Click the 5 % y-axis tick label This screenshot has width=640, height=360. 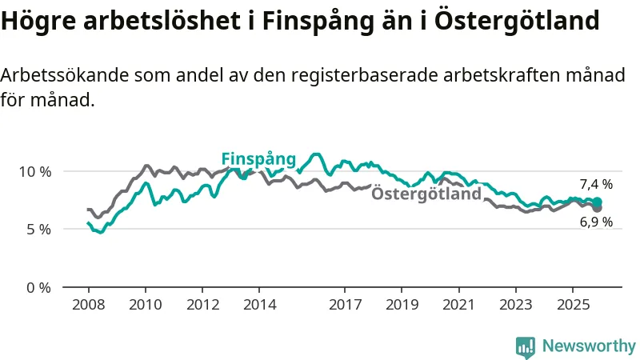click(38, 229)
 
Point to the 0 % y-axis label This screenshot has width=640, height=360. click(38, 287)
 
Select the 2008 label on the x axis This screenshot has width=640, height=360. click(88, 305)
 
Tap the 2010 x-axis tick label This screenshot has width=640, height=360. click(145, 305)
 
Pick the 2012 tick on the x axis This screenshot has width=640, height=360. click(202, 305)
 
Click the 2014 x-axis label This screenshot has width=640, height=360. click(259, 305)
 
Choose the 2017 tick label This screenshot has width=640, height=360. click(345, 305)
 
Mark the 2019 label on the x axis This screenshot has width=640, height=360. click(402, 305)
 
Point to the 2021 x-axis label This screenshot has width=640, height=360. click(458, 305)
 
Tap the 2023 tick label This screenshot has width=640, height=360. click(515, 305)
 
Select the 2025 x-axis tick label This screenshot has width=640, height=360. click(572, 305)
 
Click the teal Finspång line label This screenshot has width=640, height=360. click(258, 158)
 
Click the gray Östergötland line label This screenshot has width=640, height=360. click(427, 194)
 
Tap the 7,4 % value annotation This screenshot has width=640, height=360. click(596, 184)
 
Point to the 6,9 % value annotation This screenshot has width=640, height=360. click(596, 222)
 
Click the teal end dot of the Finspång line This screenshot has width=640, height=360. click(598, 202)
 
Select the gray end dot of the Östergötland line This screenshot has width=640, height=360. click(598, 208)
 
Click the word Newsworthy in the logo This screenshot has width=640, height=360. click(589, 346)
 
